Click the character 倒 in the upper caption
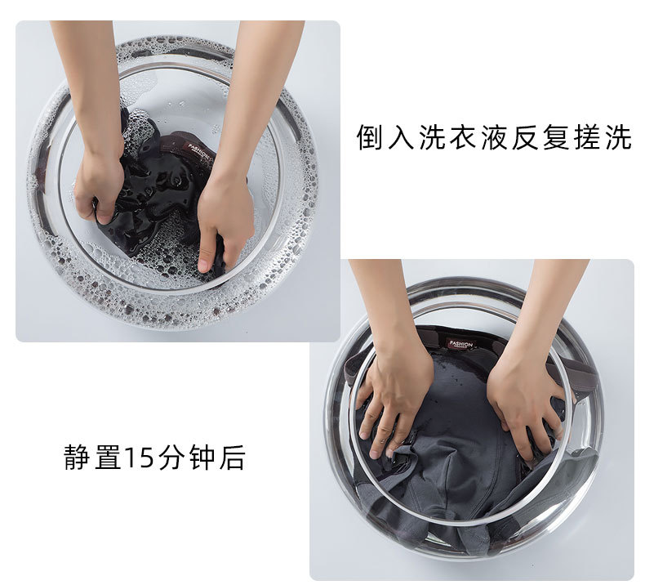pyautogui.click(x=370, y=137)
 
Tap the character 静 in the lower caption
pyautogui.click(x=78, y=457)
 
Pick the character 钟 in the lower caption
pyautogui.click(x=202, y=457)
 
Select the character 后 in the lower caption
pyautogui.click(x=233, y=457)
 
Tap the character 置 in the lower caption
pyautogui.click(x=108, y=457)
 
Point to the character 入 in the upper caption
pyautogui.click(x=401, y=137)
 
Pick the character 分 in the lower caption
pyautogui.click(x=171, y=457)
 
